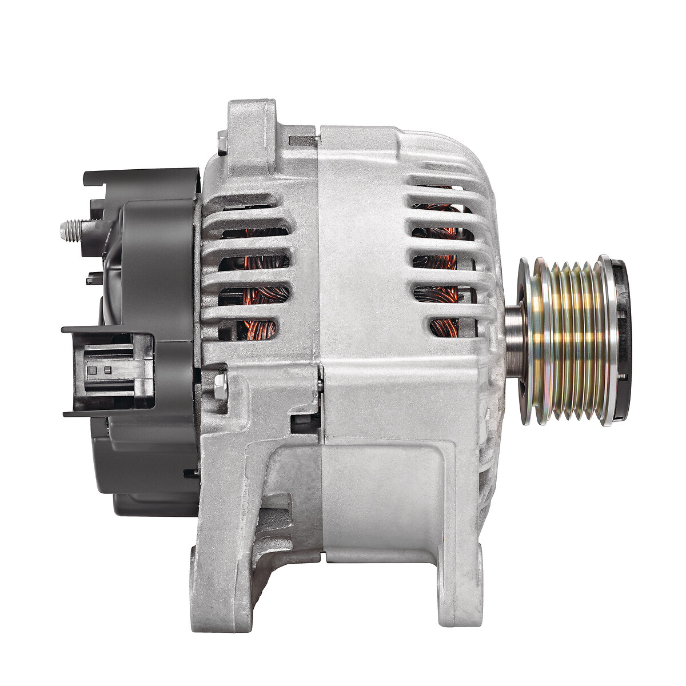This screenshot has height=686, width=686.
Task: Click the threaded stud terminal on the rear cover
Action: coord(71,230)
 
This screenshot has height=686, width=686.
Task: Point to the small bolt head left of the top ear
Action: coord(222,143)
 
